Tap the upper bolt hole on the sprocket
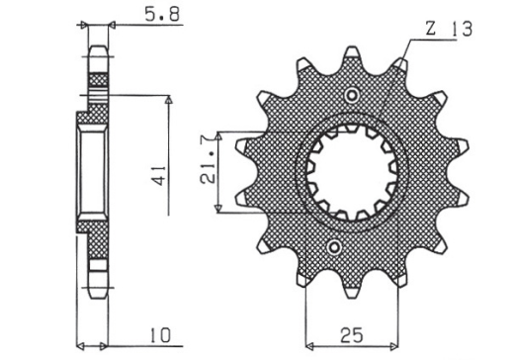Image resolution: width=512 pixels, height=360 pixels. point(351,95)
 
